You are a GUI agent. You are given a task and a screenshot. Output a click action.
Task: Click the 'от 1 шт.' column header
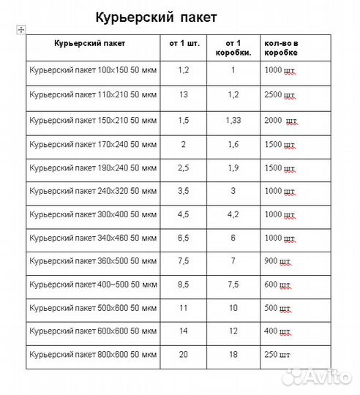tap(183, 43)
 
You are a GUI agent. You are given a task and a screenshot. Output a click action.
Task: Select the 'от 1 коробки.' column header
tap(233, 48)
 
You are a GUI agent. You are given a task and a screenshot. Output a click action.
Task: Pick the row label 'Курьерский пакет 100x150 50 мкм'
tap(93, 72)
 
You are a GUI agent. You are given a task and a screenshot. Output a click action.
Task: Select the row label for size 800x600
tap(93, 355)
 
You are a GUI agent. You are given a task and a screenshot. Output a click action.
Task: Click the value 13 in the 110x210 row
tap(183, 95)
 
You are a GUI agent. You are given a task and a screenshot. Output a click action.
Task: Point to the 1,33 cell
tap(233, 119)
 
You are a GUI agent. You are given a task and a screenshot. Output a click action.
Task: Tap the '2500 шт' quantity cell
tap(280, 96)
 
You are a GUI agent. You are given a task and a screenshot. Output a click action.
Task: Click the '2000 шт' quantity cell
tap(282, 119)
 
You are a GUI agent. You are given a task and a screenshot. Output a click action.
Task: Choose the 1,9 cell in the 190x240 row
tap(233, 168)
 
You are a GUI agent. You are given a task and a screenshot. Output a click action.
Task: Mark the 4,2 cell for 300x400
tap(233, 214)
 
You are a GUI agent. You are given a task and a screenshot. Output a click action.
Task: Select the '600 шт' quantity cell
tap(277, 285)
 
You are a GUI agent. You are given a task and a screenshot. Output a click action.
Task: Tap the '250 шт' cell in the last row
tap(277, 355)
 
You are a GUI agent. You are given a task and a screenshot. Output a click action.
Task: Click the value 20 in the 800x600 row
tap(183, 355)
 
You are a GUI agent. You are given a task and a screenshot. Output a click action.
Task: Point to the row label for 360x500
tap(93, 261)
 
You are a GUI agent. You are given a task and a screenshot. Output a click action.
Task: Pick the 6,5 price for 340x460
tap(183, 238)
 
